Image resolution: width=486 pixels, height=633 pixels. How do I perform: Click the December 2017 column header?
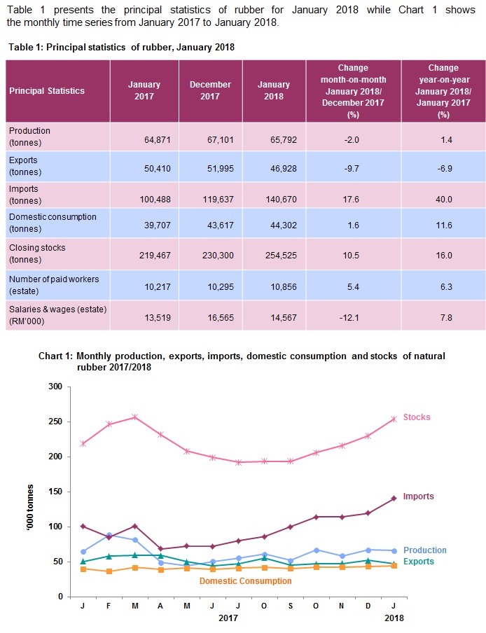click(210, 90)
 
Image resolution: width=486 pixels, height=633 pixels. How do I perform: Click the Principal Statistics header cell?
click(47, 90)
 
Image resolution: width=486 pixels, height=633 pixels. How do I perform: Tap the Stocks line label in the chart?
click(417, 417)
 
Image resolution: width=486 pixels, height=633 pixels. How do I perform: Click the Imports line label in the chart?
click(419, 496)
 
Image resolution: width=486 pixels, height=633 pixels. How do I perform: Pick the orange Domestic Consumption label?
click(245, 581)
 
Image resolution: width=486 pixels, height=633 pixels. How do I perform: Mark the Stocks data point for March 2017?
click(135, 417)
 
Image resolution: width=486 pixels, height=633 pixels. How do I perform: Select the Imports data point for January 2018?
click(394, 498)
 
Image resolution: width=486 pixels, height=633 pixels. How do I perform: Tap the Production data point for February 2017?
click(109, 534)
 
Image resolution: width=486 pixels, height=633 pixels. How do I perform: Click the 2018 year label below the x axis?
click(394, 618)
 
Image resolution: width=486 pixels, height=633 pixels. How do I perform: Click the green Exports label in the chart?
click(419, 562)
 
